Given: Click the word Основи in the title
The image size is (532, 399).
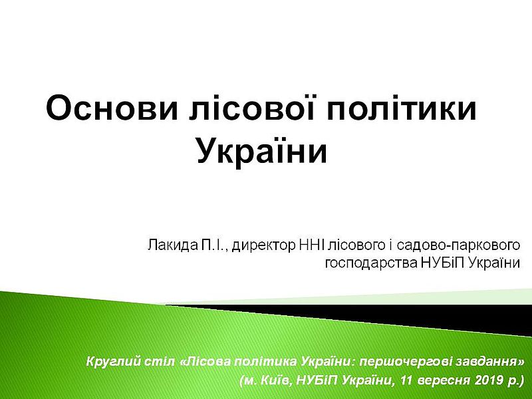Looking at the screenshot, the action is point(112,108).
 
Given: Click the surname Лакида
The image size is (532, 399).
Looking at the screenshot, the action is point(172,245).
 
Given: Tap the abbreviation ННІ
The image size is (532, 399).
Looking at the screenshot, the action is point(313,245).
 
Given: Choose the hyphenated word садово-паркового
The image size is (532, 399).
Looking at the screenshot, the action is point(458,245).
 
